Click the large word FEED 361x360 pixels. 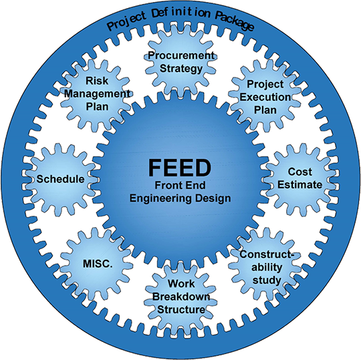point(180,168)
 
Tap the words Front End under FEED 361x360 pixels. point(180,185)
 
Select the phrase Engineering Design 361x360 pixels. point(180,198)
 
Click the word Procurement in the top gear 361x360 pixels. point(181,55)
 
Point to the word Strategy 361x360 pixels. point(181,69)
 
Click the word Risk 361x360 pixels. point(97,81)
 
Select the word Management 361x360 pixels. point(97,94)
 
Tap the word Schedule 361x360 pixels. point(60,179)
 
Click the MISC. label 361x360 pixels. point(98,264)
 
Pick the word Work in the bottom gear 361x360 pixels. point(181,283)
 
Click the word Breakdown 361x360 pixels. point(181,297)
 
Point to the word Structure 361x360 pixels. point(181,310)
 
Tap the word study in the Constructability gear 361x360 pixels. point(267,281)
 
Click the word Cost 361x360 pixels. point(299,172)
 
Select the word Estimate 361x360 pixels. point(299,185)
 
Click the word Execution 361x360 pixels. point(265,97)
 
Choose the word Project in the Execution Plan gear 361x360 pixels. point(265,84)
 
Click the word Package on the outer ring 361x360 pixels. point(235,21)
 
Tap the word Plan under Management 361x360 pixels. point(97,107)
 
